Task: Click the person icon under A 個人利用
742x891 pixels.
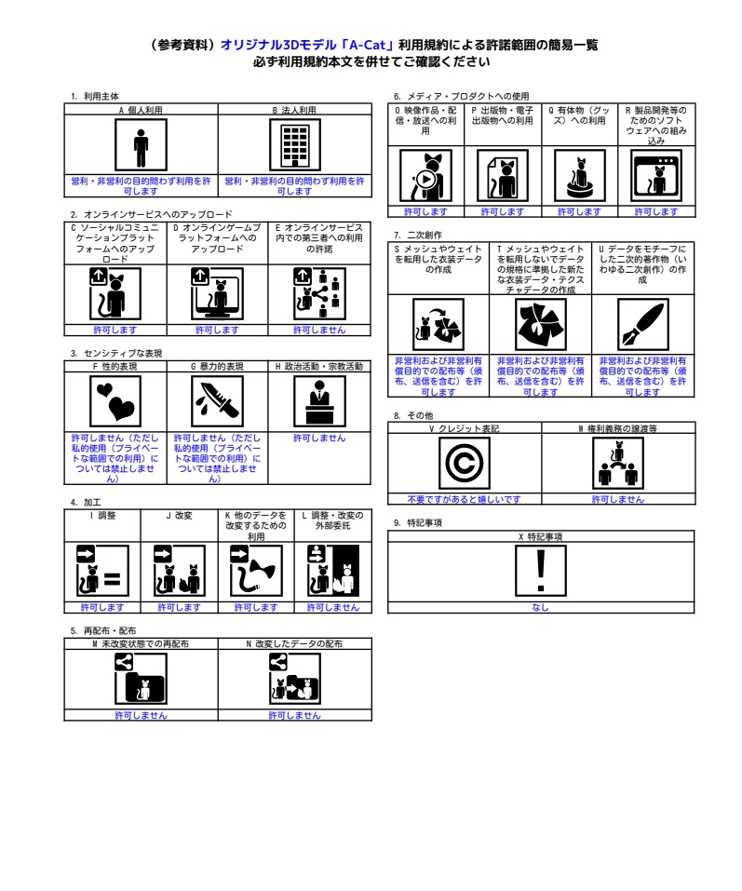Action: click(x=141, y=145)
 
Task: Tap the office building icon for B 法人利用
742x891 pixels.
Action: click(x=295, y=145)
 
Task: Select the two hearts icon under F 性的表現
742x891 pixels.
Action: click(x=115, y=401)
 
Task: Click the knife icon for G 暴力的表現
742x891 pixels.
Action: click(x=218, y=401)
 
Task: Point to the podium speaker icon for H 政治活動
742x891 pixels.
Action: click(x=319, y=401)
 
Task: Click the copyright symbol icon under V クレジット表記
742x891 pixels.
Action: click(x=465, y=464)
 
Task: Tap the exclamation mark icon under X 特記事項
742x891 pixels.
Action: click(x=541, y=571)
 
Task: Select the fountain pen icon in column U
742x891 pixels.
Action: click(x=642, y=324)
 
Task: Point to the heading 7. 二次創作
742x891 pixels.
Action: click(x=418, y=235)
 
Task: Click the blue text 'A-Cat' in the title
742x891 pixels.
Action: click(x=367, y=45)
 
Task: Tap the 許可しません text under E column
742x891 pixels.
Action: click(x=319, y=331)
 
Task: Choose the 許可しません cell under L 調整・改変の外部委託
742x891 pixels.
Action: click(x=333, y=607)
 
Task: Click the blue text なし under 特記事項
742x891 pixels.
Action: click(x=540, y=607)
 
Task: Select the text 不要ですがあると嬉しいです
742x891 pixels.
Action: click(x=465, y=499)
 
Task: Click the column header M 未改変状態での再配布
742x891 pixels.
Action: click(x=141, y=644)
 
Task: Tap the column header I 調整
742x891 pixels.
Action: click(x=102, y=516)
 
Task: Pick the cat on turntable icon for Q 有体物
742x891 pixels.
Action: click(x=579, y=176)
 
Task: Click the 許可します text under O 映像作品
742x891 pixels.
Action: click(x=425, y=212)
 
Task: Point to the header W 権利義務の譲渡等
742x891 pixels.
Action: click(x=617, y=428)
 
